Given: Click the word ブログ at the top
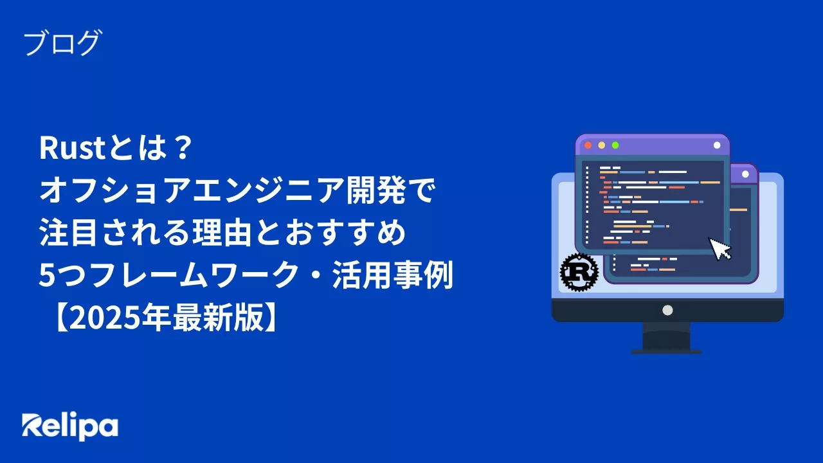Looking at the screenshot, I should [62, 44].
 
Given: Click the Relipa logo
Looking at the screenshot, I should [70, 426].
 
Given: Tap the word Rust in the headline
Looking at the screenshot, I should [71, 150].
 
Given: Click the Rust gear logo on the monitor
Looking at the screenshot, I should [579, 271].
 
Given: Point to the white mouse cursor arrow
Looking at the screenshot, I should [720, 248].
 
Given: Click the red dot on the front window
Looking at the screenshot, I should [588, 145].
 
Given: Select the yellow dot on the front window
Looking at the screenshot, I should [601, 145].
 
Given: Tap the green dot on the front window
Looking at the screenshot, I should [615, 145].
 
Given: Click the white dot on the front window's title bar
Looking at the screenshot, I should [717, 145].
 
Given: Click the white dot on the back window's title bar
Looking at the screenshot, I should [746, 174].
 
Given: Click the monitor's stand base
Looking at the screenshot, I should [666, 350].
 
